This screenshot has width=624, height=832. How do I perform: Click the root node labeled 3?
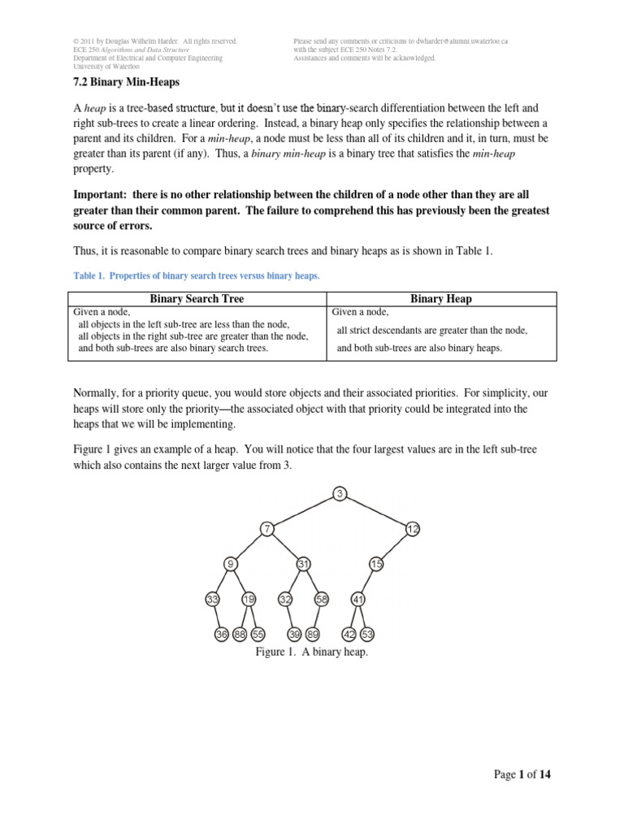coord(340,493)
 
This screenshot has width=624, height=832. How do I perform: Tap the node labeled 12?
coord(413,529)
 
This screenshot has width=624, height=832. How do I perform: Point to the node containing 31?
coord(303,564)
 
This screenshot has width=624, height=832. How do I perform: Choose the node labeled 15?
coord(376,564)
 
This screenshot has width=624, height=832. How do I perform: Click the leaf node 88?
coord(240,635)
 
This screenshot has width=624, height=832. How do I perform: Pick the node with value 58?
coord(322,600)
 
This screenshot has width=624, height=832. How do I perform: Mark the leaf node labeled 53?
coord(367,635)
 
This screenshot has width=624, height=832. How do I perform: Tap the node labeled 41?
coord(358,600)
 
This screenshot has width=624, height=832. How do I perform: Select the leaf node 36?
coord(222,635)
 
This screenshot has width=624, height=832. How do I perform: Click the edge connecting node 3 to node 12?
coord(376,511)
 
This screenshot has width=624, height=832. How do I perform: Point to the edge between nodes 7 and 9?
coord(249,546)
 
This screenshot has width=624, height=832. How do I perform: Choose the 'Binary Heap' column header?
coord(441,299)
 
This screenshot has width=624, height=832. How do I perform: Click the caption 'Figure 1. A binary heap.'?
coord(312,652)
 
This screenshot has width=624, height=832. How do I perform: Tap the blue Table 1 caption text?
coord(197,276)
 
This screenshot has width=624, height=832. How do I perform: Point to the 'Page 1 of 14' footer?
coord(522,774)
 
